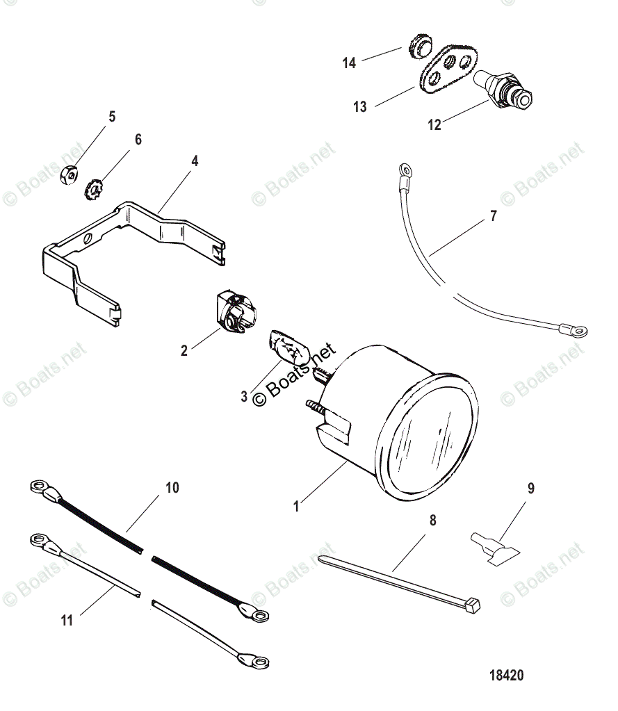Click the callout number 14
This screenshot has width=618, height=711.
(349, 63)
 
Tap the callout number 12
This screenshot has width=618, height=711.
(434, 125)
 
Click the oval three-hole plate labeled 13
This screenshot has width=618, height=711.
(446, 70)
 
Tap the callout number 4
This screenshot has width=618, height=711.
(195, 161)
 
